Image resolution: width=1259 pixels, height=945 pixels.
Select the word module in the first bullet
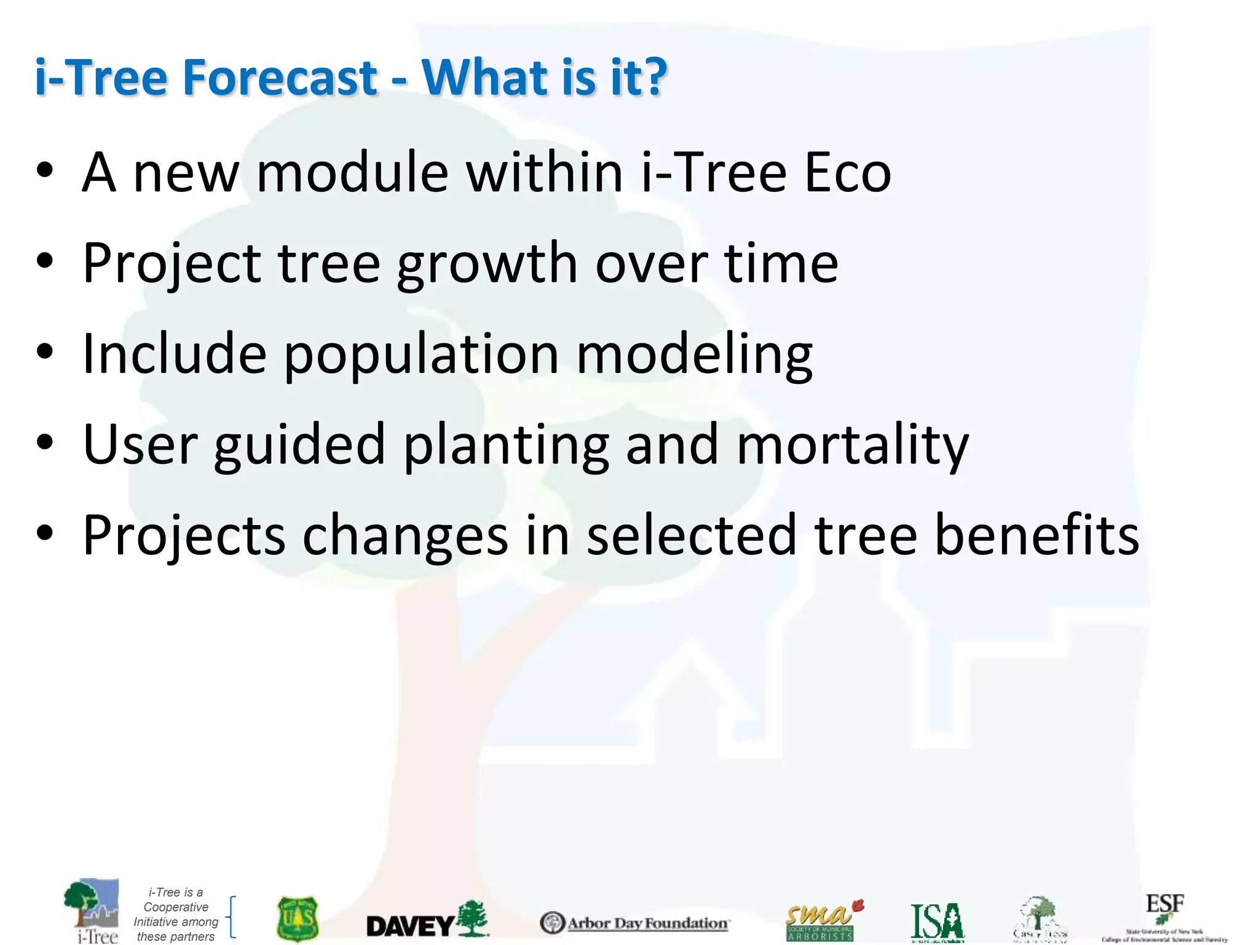click(x=352, y=173)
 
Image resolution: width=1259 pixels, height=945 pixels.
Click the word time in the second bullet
click(x=781, y=263)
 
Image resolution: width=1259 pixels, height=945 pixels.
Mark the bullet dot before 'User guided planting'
click(x=45, y=442)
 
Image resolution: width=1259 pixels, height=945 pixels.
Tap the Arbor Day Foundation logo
click(x=634, y=923)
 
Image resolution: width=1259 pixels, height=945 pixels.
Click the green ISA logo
click(x=937, y=922)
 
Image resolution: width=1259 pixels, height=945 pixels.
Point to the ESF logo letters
click(x=1164, y=905)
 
